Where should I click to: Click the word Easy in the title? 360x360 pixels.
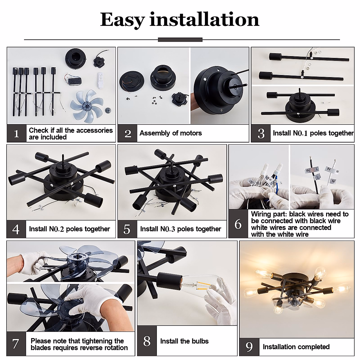[x=122, y=20]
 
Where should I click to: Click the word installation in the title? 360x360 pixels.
[x=204, y=20]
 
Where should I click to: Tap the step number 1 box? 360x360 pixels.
[x=16, y=133]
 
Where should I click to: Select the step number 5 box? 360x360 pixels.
[x=127, y=229]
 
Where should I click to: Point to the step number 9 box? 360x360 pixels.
[x=249, y=347]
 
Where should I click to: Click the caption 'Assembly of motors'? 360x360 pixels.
[x=171, y=133]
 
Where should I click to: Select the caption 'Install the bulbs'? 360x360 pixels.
[x=184, y=341]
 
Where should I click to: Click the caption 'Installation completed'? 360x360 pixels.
[x=296, y=347]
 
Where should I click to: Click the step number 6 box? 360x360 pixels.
[x=238, y=224]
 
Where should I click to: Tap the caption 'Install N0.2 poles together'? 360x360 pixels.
[x=69, y=229]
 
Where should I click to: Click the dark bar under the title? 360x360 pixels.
[x=180, y=40]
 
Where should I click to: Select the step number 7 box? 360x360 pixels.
[x=16, y=344]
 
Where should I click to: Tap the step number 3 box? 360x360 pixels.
[x=261, y=133]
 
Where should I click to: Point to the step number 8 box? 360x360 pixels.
[x=147, y=341]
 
